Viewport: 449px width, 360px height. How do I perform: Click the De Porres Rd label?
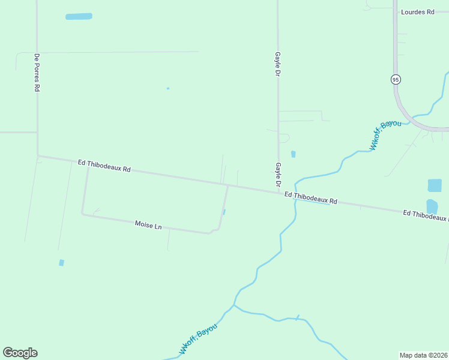pyautogui.click(x=37, y=72)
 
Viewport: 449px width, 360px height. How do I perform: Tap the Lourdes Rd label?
pyautogui.click(x=417, y=12)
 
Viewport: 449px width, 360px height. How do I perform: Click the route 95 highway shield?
pyautogui.click(x=395, y=79)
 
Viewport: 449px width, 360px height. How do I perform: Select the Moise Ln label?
pyautogui.click(x=148, y=226)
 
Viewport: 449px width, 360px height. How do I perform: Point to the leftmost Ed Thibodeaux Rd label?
pyautogui.click(x=104, y=166)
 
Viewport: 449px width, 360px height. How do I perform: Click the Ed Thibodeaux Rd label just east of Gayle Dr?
pyautogui.click(x=310, y=198)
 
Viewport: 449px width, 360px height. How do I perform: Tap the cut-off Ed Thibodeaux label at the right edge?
pyautogui.click(x=425, y=215)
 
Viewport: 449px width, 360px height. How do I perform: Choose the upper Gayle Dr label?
pyautogui.click(x=278, y=63)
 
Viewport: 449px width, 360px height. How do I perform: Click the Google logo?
pyautogui.click(x=20, y=353)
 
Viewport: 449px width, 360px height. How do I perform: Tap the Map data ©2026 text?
pyautogui.click(x=424, y=355)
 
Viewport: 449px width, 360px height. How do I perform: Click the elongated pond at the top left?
pyautogui.click(x=79, y=17)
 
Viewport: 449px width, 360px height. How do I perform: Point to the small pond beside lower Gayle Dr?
pyautogui.click(x=293, y=154)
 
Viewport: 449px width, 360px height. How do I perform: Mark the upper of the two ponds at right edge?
pyautogui.click(x=434, y=185)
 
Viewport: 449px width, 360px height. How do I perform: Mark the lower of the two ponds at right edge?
pyautogui.click(x=432, y=206)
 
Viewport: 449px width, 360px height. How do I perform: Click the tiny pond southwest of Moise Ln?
pyautogui.click(x=61, y=263)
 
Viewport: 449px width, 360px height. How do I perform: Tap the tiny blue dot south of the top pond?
pyautogui.click(x=168, y=89)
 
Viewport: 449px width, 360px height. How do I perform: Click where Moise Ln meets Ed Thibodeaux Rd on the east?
pyautogui.click(x=228, y=186)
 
